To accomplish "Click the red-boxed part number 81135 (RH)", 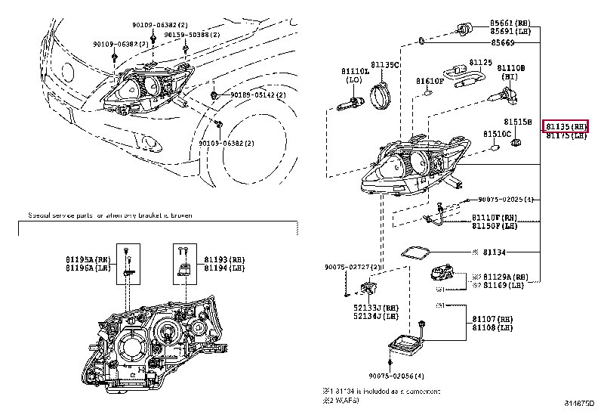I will [x=566, y=126].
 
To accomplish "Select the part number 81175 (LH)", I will [x=566, y=135].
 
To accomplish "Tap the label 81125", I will [x=480, y=62].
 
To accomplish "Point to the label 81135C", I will [x=384, y=66].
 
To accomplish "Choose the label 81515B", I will [x=518, y=121].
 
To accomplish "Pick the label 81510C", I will [x=498, y=133].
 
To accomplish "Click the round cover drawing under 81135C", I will [x=382, y=97].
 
